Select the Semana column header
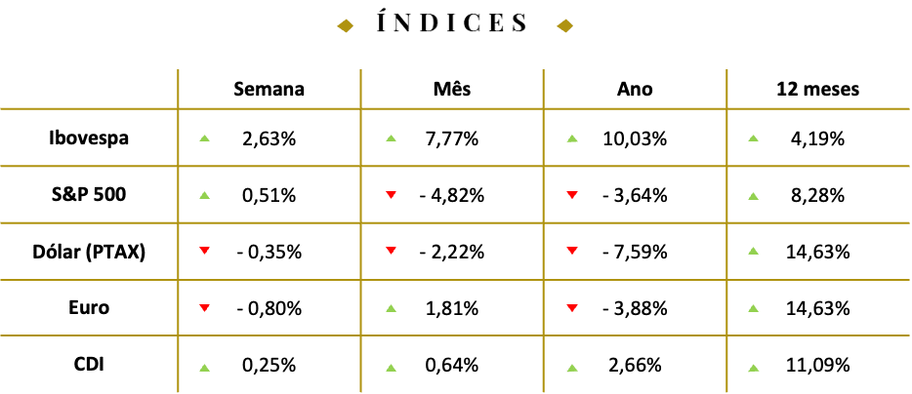pos(269,89)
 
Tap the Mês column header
pos(452,89)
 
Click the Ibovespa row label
pos(89,138)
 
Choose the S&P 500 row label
pos(89,195)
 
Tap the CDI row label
pos(89,365)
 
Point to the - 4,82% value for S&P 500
pos(452,196)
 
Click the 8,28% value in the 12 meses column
pos(818,196)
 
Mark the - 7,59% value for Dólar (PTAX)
pos(635,253)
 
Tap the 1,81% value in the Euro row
pos(452,308)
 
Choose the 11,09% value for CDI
pos(818,365)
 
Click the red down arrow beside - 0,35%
pos(204,251)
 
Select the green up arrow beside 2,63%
pos(204,138)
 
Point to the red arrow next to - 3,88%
pos(572,307)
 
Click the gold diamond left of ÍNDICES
pos(346,25)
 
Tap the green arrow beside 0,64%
pos(391,368)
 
